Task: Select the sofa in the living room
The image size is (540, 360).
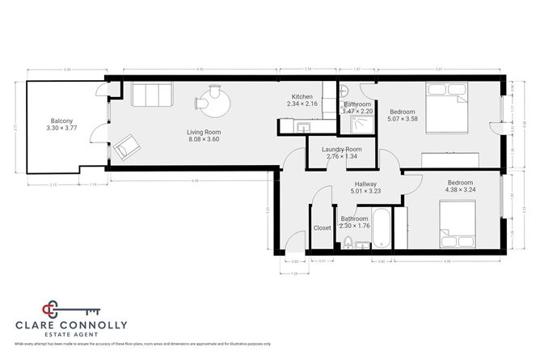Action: click(150, 95)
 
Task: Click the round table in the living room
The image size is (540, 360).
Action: click(213, 102)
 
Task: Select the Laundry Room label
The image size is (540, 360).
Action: click(341, 149)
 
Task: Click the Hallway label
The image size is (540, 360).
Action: click(355, 184)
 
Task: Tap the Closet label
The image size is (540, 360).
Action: click(323, 228)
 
